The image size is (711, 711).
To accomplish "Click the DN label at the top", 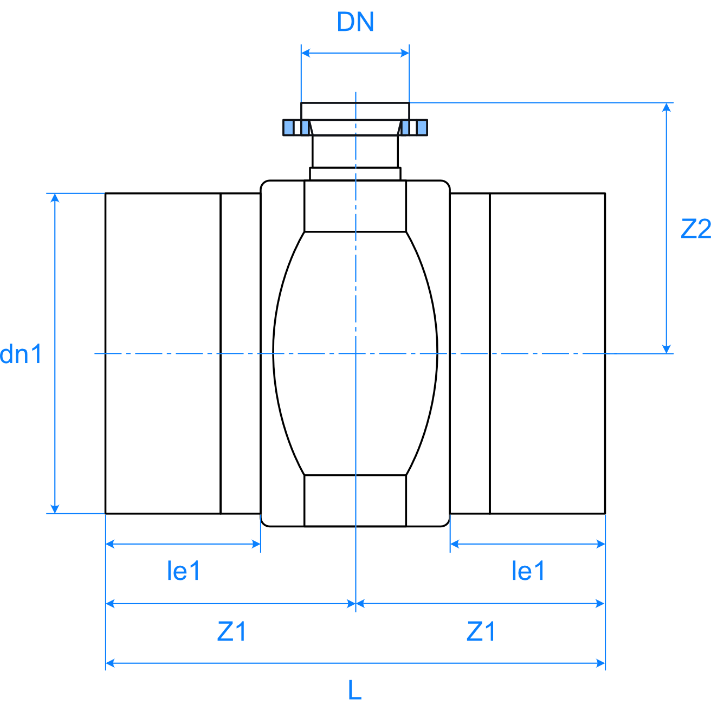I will click(355, 22).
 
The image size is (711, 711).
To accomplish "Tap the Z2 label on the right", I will click(695, 229).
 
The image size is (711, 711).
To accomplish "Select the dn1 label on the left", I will click(21, 354).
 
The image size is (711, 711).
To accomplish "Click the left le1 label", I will click(184, 571).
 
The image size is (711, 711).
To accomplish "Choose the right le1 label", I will click(528, 571).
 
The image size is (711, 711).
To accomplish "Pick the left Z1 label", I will click(232, 632).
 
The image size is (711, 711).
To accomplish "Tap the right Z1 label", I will click(481, 632).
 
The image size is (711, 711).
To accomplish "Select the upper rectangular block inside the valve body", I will click(355, 206).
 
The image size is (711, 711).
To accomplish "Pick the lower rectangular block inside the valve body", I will click(355, 501).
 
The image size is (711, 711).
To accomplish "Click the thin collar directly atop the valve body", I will click(355, 174).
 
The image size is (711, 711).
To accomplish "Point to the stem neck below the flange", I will click(355, 151).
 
